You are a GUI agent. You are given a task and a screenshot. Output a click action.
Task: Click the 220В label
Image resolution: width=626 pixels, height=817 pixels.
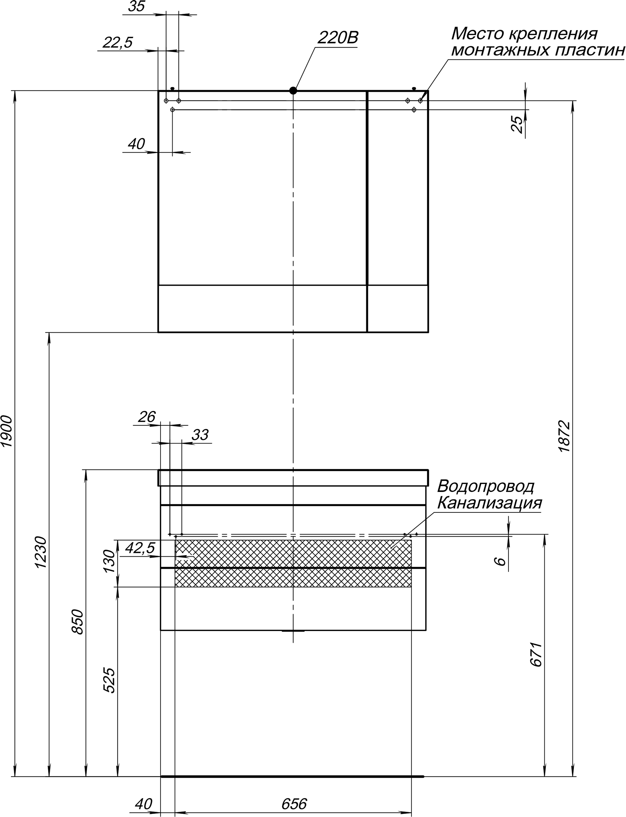pos(338,38)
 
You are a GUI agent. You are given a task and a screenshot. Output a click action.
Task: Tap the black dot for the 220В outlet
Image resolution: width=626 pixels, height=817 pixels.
pos(293,91)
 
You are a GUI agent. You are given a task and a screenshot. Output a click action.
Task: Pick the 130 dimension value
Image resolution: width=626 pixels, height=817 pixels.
pos(110,562)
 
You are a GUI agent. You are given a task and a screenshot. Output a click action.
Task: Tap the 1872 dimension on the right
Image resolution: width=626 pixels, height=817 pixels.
pos(564,437)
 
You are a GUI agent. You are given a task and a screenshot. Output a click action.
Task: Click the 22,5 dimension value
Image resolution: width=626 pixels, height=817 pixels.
pos(118,43)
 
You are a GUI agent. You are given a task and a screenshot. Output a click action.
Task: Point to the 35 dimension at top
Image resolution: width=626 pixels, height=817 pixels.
pos(136,7)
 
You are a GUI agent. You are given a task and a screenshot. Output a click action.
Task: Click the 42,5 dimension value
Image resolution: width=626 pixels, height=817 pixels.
pos(140,548)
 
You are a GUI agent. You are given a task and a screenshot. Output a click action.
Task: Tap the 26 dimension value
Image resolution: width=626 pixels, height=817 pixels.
pos(146,417)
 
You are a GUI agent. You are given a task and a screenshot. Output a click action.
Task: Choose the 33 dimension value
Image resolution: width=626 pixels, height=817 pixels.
pos(200,435)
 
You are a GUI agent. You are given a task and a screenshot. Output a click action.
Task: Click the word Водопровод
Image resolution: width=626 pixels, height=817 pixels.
pos(486,486)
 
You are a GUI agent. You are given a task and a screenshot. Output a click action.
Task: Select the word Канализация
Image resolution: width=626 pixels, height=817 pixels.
pos(489,503)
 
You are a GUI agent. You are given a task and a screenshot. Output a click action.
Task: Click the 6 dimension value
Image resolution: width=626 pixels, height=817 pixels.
pos(501,562)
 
